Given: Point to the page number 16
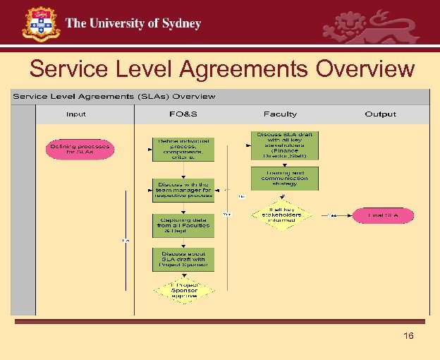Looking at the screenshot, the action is click(408, 336).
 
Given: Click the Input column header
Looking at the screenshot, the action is click(76, 114).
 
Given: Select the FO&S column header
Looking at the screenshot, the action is click(183, 114).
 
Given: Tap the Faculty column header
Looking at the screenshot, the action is click(280, 114).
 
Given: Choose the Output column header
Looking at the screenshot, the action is click(381, 114).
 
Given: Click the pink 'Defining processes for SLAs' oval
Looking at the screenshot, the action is click(80, 150).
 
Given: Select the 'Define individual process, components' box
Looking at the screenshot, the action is click(183, 150).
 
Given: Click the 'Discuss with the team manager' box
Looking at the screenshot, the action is click(183, 189).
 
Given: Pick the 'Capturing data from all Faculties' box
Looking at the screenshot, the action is click(183, 226).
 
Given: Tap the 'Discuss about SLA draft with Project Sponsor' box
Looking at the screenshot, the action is click(183, 260).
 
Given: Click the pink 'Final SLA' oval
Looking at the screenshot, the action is click(383, 215).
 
